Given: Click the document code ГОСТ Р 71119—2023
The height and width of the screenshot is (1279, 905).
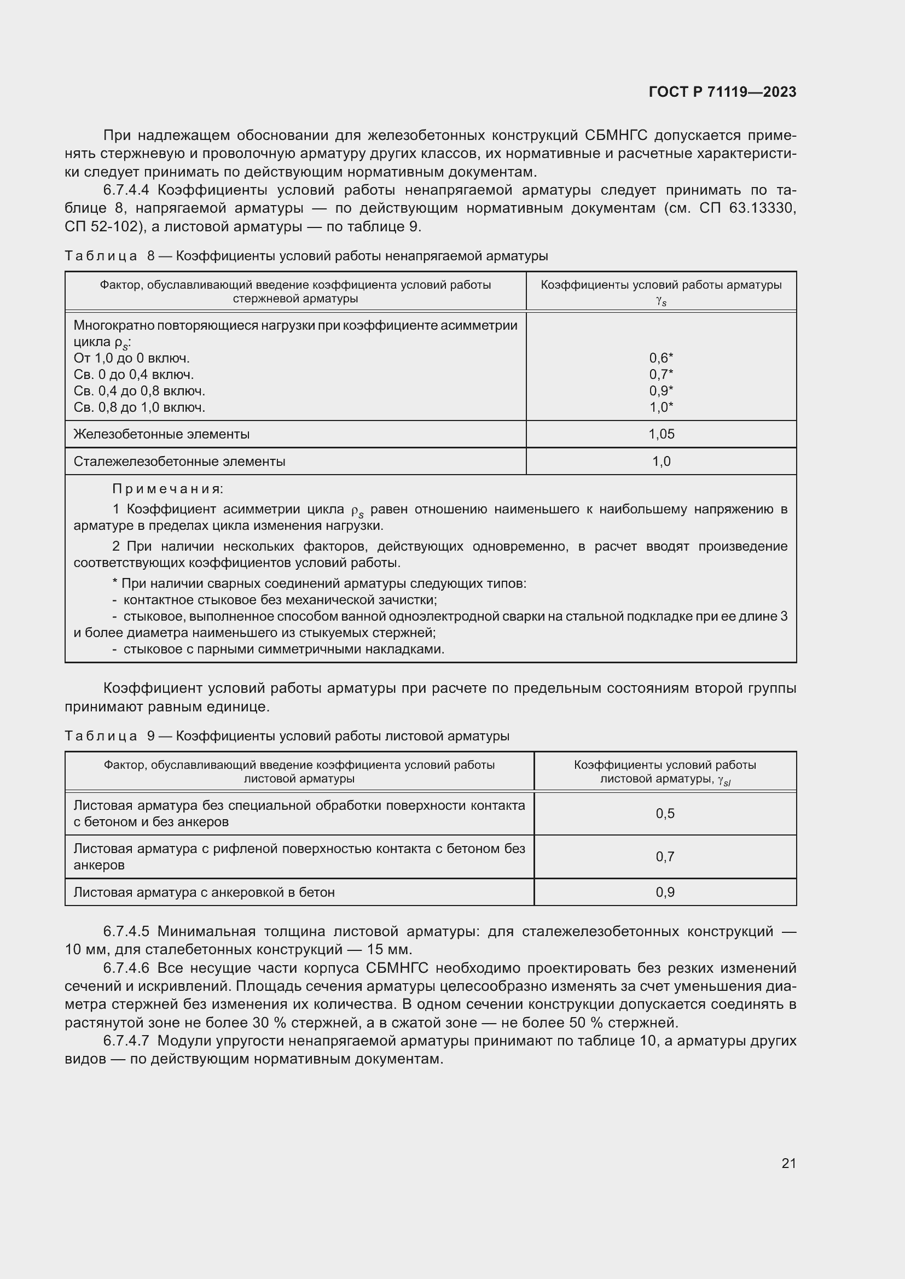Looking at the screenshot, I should click(x=722, y=92).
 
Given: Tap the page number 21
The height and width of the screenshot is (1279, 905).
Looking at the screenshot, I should click(x=788, y=1163).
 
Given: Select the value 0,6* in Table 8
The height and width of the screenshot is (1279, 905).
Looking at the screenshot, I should click(x=661, y=358).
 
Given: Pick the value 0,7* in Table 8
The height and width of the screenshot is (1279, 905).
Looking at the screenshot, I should click(x=661, y=375).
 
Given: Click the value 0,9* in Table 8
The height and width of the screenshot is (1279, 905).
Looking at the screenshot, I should click(x=661, y=391).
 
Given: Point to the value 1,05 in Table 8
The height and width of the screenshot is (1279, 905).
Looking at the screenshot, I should click(x=661, y=434).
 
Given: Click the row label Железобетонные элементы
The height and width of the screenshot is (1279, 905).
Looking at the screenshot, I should click(x=161, y=434).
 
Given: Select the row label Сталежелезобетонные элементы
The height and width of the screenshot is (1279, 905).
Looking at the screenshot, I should click(x=179, y=462).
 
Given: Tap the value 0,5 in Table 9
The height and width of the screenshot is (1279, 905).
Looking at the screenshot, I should click(x=665, y=813).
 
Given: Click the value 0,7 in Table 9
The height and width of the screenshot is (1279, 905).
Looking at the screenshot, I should click(x=665, y=857).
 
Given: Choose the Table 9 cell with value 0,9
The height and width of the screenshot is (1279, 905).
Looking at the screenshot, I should click(x=665, y=892).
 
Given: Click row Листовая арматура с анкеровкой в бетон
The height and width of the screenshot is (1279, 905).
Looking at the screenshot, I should click(x=204, y=892).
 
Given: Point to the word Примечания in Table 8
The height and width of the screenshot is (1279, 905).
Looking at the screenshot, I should click(x=167, y=489).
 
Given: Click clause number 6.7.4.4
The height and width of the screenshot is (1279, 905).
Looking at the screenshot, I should click(x=126, y=190).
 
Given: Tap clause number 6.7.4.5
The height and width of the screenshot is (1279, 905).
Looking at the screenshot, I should click(x=126, y=931).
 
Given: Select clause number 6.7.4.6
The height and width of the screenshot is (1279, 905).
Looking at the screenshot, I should click(x=126, y=968).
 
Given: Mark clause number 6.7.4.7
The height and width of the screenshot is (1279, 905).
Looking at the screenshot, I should click(x=126, y=1041).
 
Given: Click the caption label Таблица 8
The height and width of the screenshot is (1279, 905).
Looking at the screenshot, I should click(x=109, y=256).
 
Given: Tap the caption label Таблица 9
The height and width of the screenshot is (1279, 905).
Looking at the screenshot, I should click(x=109, y=736).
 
